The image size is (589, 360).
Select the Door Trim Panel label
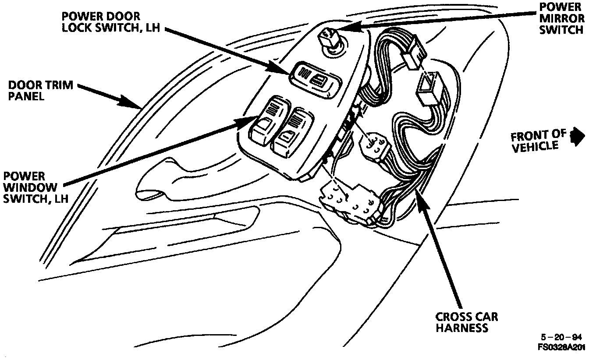pos(40,90)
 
